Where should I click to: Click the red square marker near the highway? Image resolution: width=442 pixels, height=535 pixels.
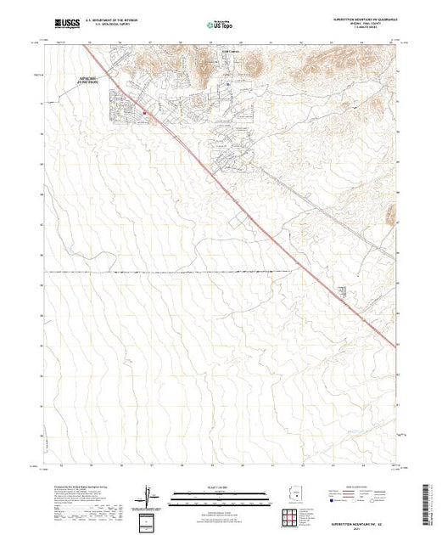[x=145, y=109]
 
